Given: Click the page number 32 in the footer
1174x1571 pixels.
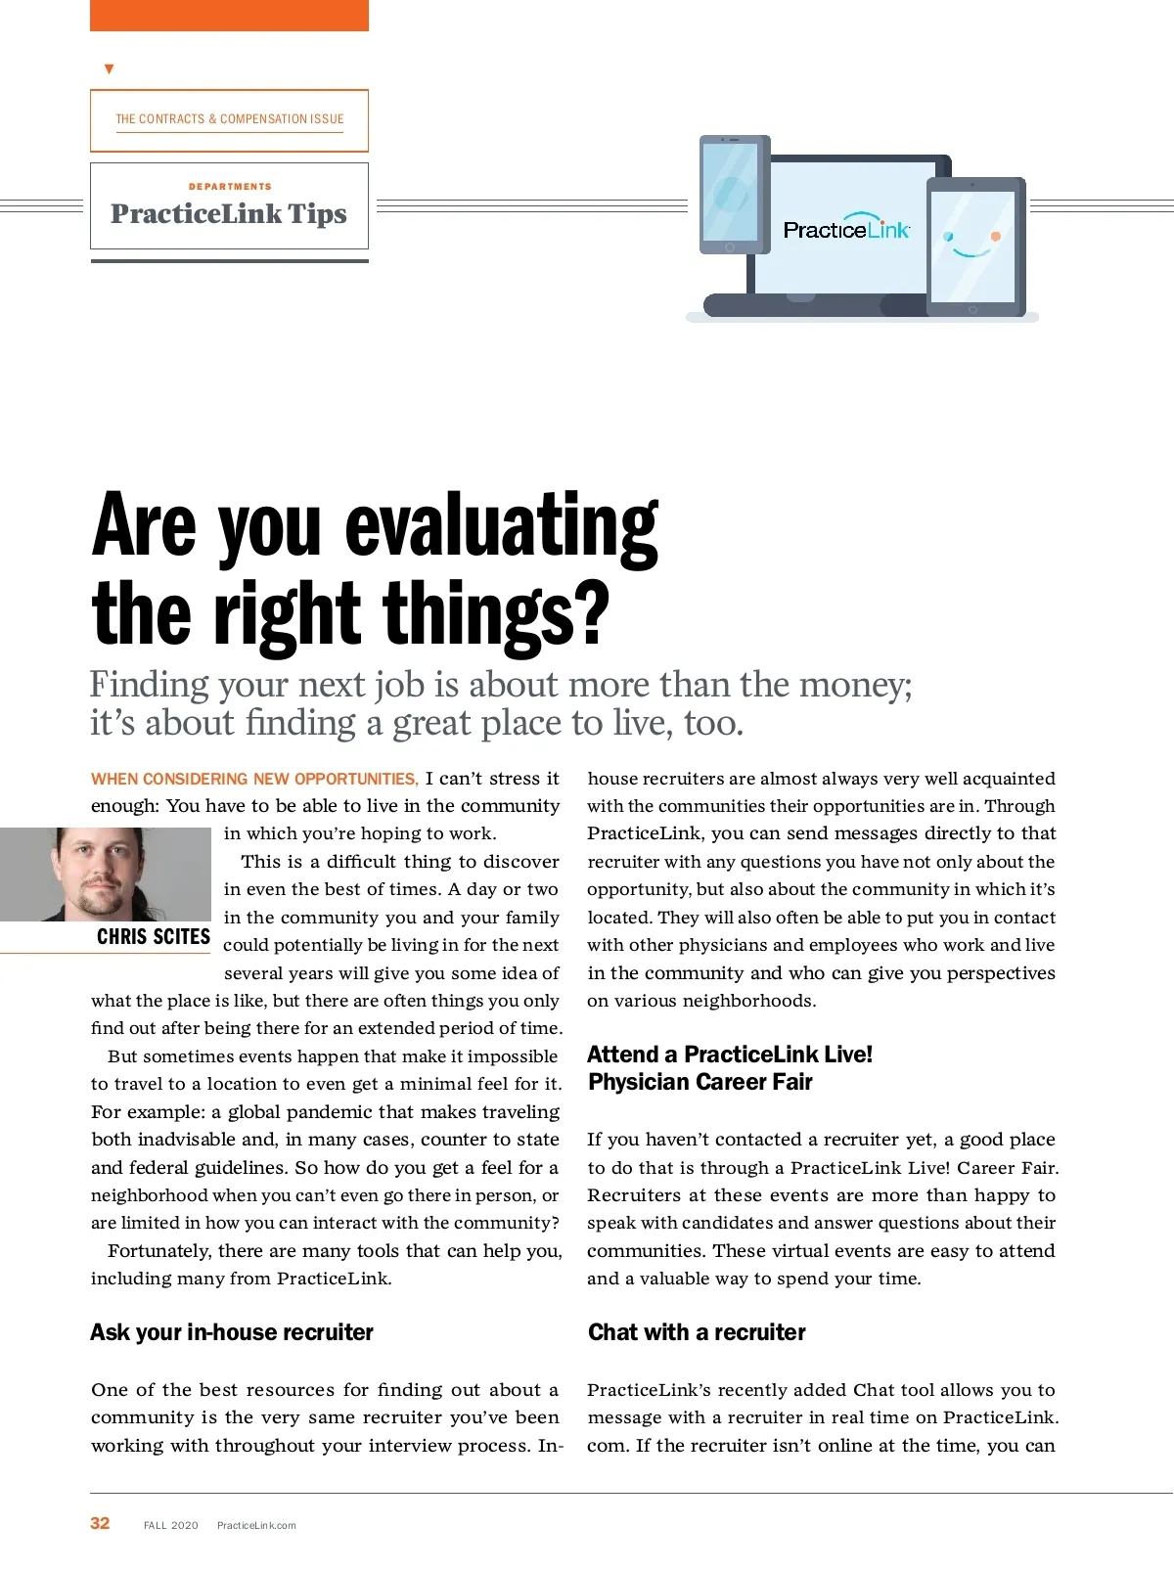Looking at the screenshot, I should pyautogui.click(x=100, y=1523).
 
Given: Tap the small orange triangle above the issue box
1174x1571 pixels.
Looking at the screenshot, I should pyautogui.click(x=109, y=69).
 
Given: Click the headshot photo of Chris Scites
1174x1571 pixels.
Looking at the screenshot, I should pyautogui.click(x=106, y=874).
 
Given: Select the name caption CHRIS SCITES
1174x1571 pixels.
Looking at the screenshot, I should pyautogui.click(x=154, y=937).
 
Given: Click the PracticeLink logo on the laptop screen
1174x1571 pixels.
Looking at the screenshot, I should pyautogui.click(x=846, y=229).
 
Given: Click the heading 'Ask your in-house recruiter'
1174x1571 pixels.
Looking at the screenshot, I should pyautogui.click(x=232, y=1332).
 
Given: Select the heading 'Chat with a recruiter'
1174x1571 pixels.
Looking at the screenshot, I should pyautogui.click(x=697, y=1332).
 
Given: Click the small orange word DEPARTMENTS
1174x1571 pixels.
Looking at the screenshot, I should pyautogui.click(x=230, y=186).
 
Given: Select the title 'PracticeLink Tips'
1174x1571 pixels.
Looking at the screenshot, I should pyautogui.click(x=229, y=214).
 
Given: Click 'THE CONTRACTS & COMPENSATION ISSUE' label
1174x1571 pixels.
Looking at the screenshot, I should pyautogui.click(x=230, y=119).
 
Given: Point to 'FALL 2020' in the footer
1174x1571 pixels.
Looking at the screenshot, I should pyautogui.click(x=171, y=1525).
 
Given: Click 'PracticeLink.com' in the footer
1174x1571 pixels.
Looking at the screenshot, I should pyautogui.click(x=256, y=1525).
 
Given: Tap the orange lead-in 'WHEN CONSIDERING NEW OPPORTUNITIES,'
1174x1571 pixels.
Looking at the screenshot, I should pyautogui.click(x=254, y=779).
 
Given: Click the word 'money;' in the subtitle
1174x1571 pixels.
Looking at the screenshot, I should pyautogui.click(x=856, y=685).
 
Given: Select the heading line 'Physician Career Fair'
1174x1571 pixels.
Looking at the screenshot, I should pyautogui.click(x=700, y=1082).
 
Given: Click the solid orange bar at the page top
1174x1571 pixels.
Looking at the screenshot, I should pyautogui.click(x=229, y=15).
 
